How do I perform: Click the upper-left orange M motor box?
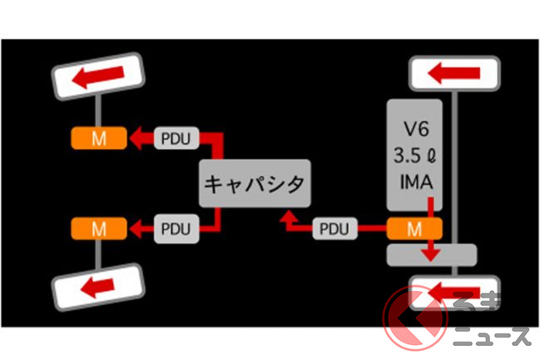point(98,138)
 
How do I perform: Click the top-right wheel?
point(454,72)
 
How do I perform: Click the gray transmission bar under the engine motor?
point(432,254)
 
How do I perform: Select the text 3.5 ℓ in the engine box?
point(414,155)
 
